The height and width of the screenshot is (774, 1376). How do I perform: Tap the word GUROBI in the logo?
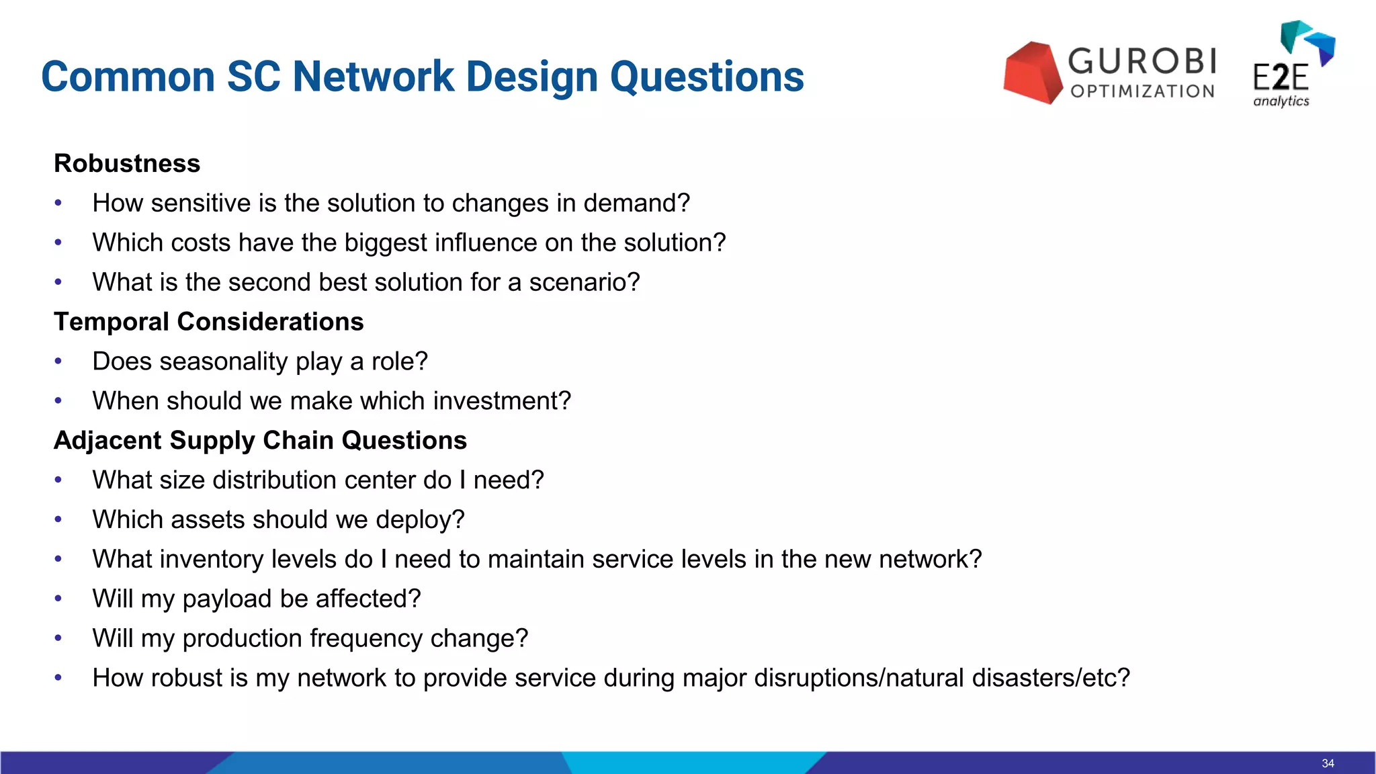point(1142,61)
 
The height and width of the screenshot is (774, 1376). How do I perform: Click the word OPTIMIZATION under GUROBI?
point(1142,91)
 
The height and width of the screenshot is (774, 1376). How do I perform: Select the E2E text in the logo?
point(1281,78)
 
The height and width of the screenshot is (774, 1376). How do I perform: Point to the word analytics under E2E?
point(1281,101)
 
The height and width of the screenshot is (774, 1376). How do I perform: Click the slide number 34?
point(1328,763)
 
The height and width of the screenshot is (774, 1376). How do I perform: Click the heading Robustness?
point(127,163)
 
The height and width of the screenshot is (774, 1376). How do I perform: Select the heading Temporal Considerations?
point(208,322)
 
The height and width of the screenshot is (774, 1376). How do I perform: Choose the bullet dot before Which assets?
point(58,519)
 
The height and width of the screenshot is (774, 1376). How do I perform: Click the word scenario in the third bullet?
point(584,282)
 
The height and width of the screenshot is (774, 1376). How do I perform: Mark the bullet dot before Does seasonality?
point(58,361)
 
